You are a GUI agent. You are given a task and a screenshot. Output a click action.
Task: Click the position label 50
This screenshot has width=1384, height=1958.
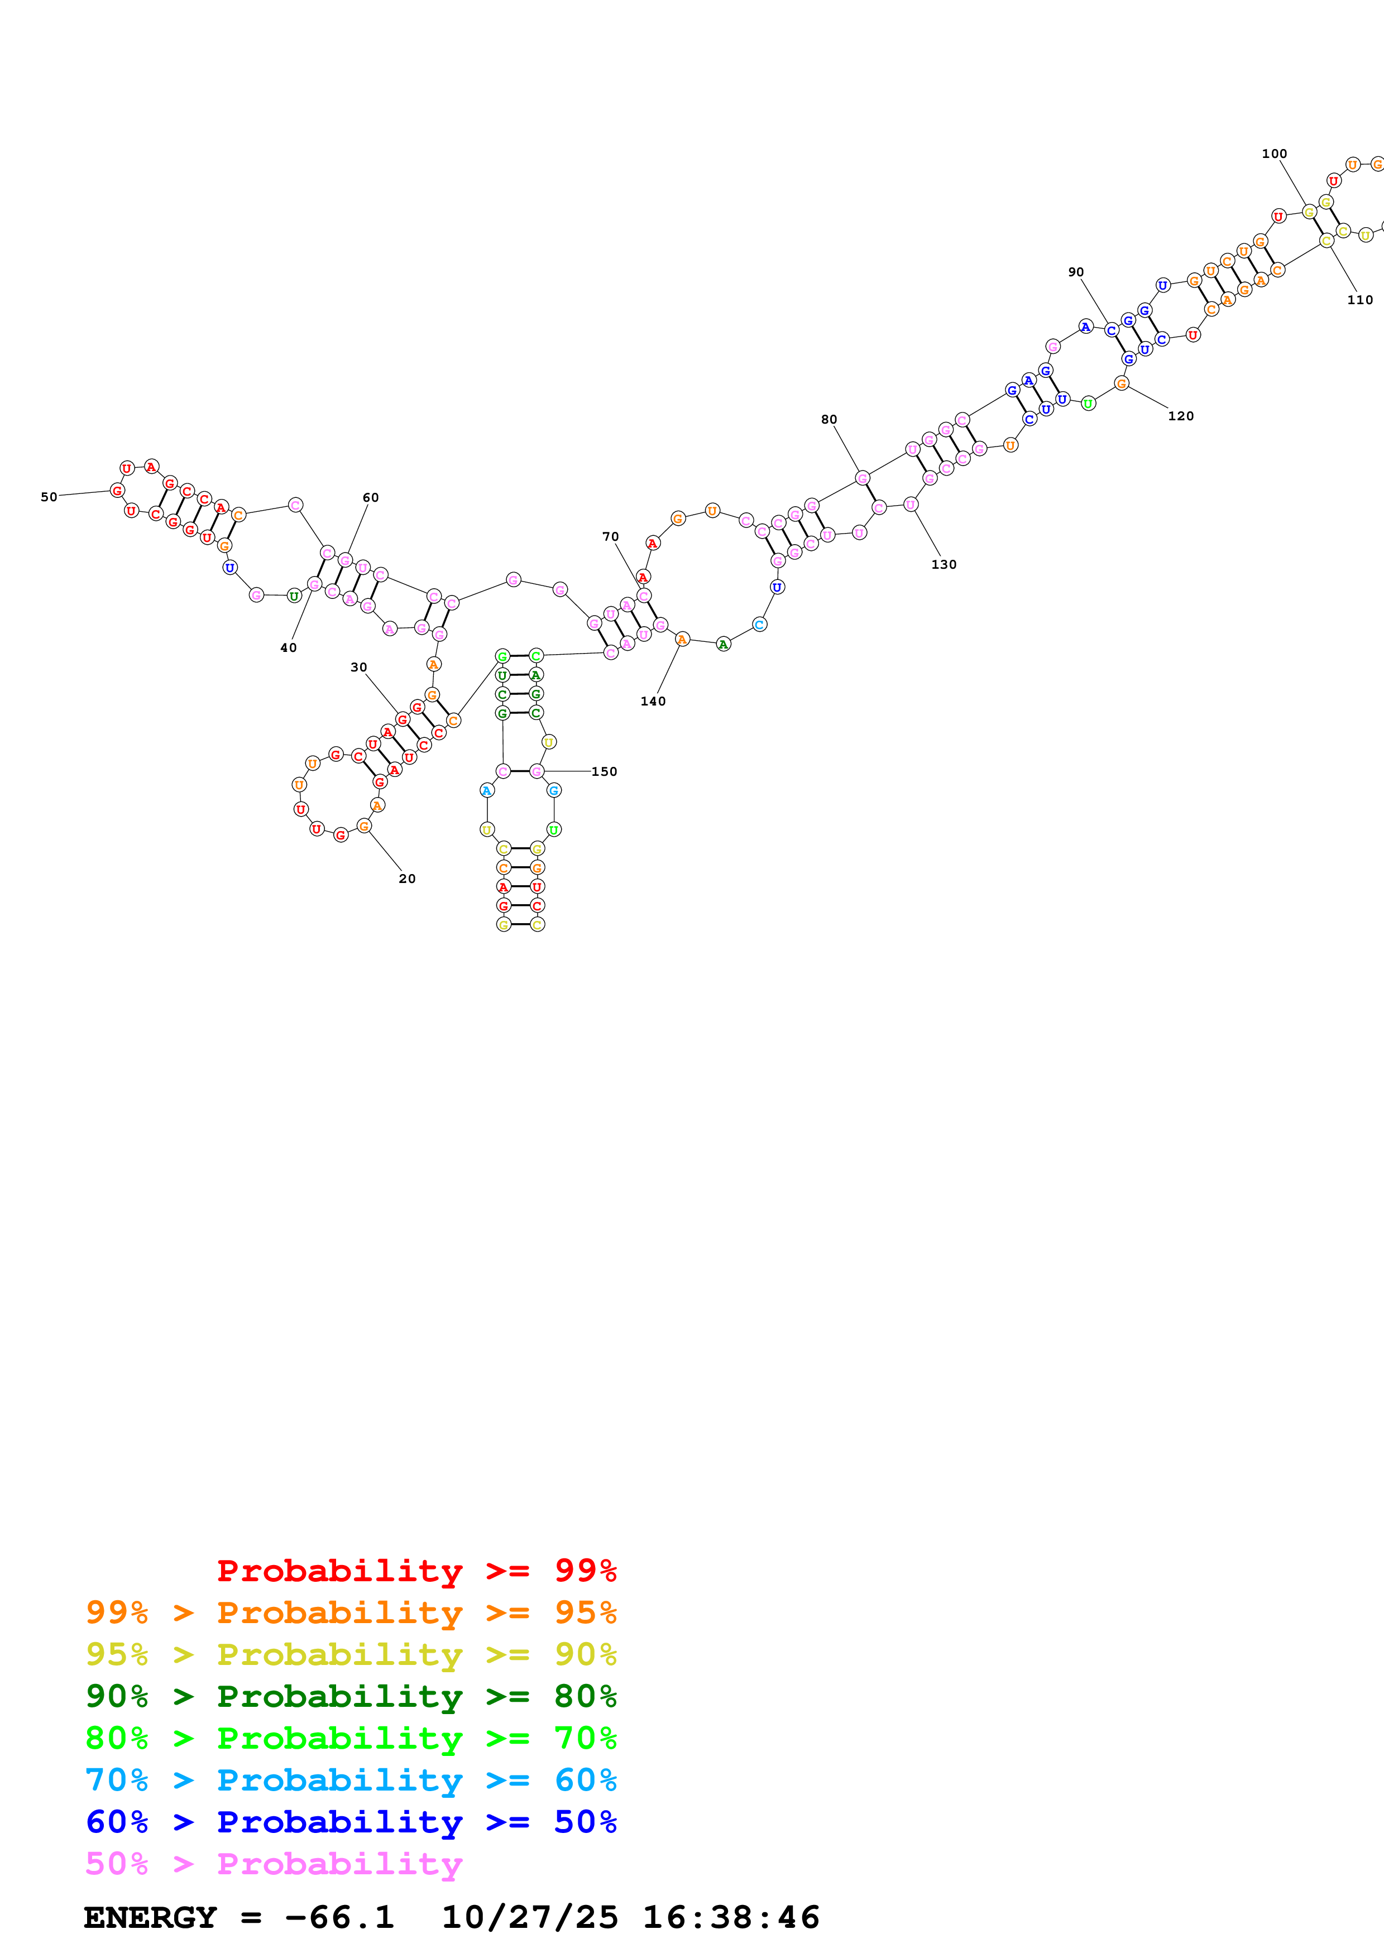pos(49,497)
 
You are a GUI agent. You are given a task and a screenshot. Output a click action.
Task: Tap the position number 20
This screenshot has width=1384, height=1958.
pos(408,879)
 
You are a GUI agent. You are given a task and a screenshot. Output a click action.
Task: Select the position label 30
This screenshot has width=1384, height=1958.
pos(359,667)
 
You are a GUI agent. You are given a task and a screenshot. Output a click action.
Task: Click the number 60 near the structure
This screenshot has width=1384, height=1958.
pos(371,497)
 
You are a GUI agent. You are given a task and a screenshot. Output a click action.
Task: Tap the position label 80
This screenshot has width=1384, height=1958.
pos(829,420)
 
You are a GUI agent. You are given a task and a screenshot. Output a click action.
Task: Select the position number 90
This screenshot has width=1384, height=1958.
pos(1076,272)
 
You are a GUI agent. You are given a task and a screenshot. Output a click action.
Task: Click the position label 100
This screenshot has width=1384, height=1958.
pos(1274,153)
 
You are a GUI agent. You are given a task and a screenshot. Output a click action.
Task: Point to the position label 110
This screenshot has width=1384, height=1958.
pos(1360,299)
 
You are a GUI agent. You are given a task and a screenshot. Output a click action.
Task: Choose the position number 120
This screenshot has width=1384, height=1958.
pos(1181,416)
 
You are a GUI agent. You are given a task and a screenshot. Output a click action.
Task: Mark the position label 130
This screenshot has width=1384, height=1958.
pos(944,564)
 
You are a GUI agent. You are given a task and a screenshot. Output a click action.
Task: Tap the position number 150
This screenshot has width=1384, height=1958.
pos(605,772)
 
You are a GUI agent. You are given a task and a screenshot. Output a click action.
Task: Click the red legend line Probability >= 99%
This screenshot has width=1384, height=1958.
pos(416,1571)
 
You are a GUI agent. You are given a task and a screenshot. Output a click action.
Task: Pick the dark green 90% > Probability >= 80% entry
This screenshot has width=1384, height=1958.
pos(351,1696)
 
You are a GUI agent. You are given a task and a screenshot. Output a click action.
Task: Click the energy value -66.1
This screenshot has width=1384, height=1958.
pos(339,1917)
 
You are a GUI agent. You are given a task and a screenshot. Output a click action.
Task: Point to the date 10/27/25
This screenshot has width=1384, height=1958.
pos(530,1917)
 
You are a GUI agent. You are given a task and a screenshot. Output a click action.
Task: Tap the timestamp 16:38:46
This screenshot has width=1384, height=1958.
pos(731,1917)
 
